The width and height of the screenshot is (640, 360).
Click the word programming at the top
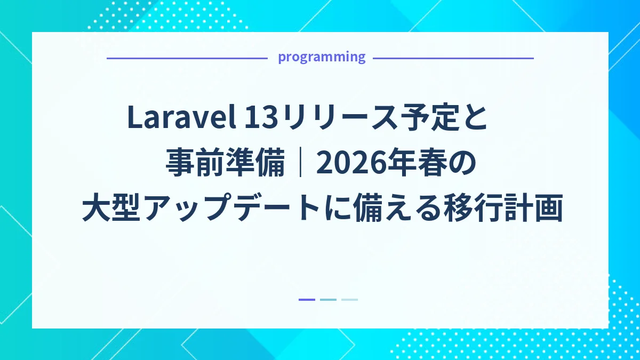(322, 57)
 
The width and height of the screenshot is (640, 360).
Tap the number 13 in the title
(261, 118)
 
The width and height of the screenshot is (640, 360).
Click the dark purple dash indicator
(307, 300)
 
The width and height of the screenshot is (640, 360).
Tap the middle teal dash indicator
(328, 300)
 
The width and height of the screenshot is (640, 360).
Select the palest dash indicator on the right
(349, 300)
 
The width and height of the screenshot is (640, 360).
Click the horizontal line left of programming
(187, 58)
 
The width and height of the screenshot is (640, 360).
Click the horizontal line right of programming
(453, 58)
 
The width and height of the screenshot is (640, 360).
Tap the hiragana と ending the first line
(476, 118)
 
